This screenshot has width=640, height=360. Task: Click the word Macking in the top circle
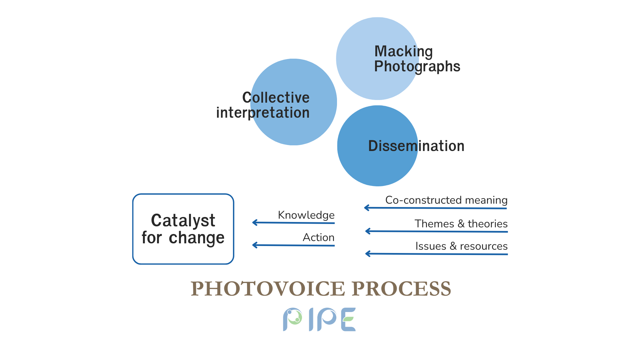point(404,52)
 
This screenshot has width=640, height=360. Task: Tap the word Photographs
point(417,67)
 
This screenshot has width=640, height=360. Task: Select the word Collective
point(276,97)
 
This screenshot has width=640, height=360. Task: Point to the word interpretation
point(263,113)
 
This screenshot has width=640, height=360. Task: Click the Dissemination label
point(416,146)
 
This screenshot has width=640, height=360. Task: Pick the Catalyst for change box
point(183,229)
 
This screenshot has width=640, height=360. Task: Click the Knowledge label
point(306,215)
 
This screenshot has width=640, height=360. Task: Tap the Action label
point(319,237)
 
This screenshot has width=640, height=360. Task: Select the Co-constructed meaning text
point(446,200)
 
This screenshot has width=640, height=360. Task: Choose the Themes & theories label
point(461,224)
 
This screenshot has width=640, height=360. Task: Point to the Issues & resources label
point(461,246)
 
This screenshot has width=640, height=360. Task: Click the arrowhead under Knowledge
point(255,222)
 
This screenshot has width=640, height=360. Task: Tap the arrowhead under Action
point(255,245)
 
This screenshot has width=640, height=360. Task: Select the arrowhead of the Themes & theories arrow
point(368,231)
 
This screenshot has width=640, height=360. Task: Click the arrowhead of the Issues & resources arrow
point(368,254)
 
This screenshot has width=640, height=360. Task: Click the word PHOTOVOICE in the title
point(268,288)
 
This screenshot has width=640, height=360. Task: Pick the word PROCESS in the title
point(401,288)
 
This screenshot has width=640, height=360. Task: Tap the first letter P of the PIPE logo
point(292,319)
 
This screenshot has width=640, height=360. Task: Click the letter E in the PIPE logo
point(349,319)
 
